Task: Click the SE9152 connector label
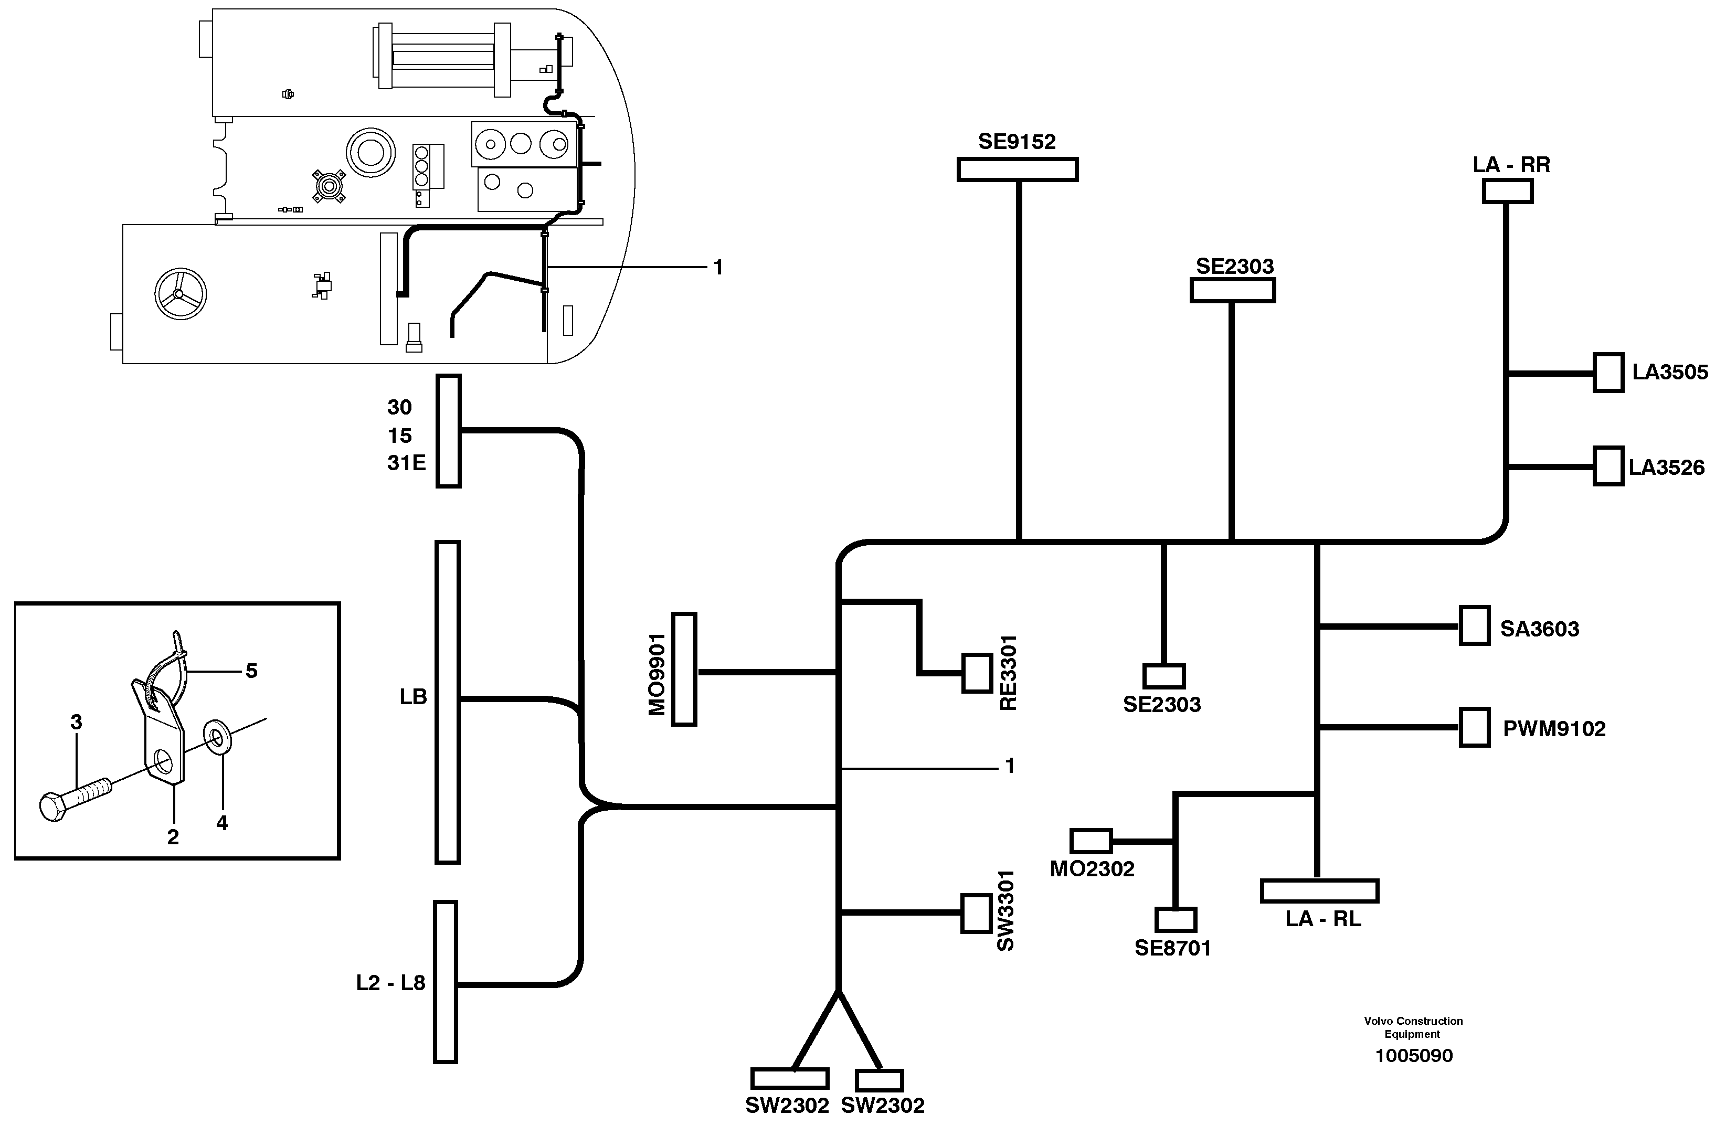(x=1017, y=142)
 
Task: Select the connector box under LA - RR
(x=1508, y=192)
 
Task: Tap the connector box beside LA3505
(x=1607, y=373)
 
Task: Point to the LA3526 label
(x=1667, y=468)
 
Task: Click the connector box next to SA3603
(x=1474, y=625)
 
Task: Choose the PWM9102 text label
(x=1554, y=729)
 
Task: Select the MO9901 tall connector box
(x=684, y=669)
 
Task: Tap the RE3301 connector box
(x=977, y=673)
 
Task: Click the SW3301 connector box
(x=977, y=913)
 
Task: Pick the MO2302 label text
(x=1092, y=869)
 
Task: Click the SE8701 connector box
(x=1176, y=920)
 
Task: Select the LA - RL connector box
(x=1319, y=891)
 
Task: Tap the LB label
(x=414, y=697)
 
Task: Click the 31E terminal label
(x=406, y=463)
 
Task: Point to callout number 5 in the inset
(x=251, y=671)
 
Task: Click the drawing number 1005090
(x=1414, y=1056)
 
